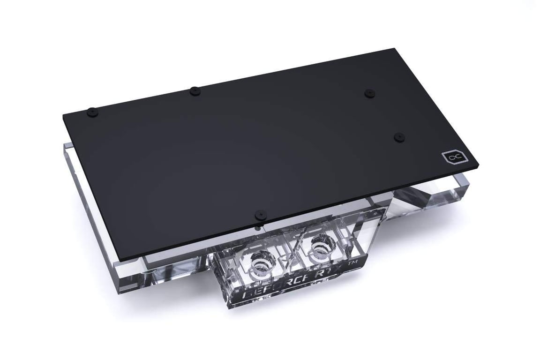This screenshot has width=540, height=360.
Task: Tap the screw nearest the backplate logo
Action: click(x=399, y=136)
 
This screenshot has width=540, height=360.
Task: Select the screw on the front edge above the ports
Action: click(x=259, y=214)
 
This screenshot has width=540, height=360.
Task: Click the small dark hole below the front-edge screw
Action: click(x=257, y=228)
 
